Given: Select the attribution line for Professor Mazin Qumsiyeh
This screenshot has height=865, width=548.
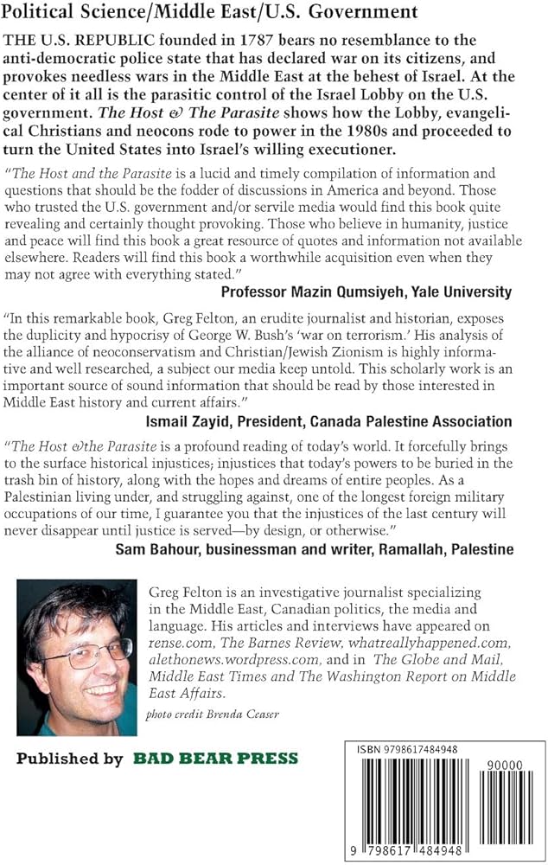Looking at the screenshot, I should click(366, 292).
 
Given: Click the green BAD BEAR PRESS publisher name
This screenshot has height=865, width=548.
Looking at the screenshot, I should click(215, 759).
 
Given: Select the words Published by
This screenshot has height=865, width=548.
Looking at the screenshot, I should click(70, 759).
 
